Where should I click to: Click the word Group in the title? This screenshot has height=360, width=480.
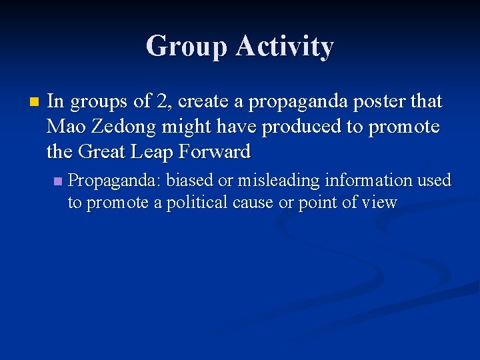pyautogui.click(x=185, y=47)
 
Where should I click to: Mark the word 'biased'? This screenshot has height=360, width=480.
pyautogui.click(x=189, y=181)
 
